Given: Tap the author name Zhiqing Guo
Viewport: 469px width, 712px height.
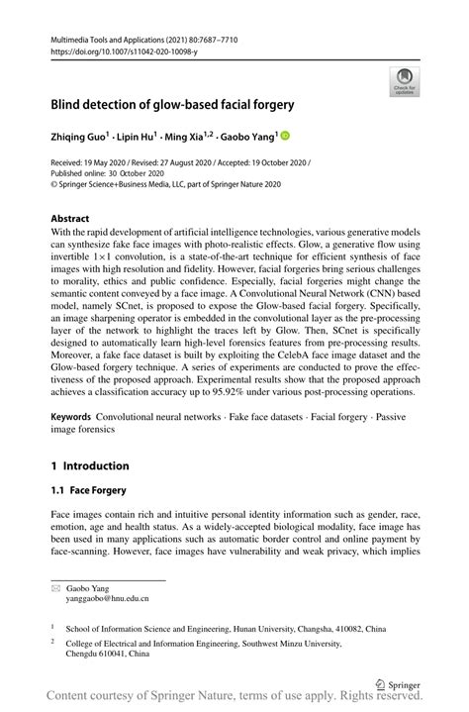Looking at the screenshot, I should (x=82, y=136).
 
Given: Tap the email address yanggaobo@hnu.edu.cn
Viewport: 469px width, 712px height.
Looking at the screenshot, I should (x=107, y=598).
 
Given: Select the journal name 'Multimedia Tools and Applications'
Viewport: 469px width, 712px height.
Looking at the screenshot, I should (x=109, y=38).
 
